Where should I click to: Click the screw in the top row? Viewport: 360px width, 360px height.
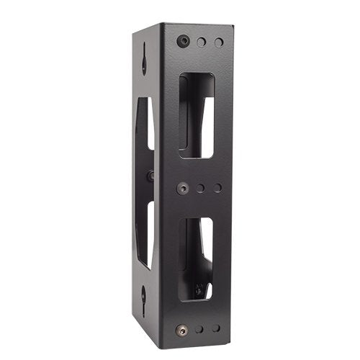coord(183,41)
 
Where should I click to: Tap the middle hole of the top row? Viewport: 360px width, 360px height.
coord(202,42)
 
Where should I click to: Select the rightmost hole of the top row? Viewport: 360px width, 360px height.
coord(219,42)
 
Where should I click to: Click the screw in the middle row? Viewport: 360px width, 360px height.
coord(183,188)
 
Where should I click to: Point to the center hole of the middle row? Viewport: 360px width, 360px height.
coord(201,189)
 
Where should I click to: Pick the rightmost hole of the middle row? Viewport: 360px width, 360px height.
coord(217,189)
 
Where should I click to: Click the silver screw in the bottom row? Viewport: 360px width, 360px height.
coord(181,330)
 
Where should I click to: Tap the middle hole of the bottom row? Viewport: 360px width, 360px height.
coord(199,329)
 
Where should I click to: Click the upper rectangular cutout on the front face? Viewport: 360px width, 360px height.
coord(196,115)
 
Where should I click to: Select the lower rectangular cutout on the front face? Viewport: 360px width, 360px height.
coord(195,258)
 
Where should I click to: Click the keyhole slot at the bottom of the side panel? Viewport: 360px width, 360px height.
coord(144,295)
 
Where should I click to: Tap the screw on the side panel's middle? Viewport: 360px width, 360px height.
coord(150,176)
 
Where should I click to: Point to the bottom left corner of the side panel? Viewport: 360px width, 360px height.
coord(134,317)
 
